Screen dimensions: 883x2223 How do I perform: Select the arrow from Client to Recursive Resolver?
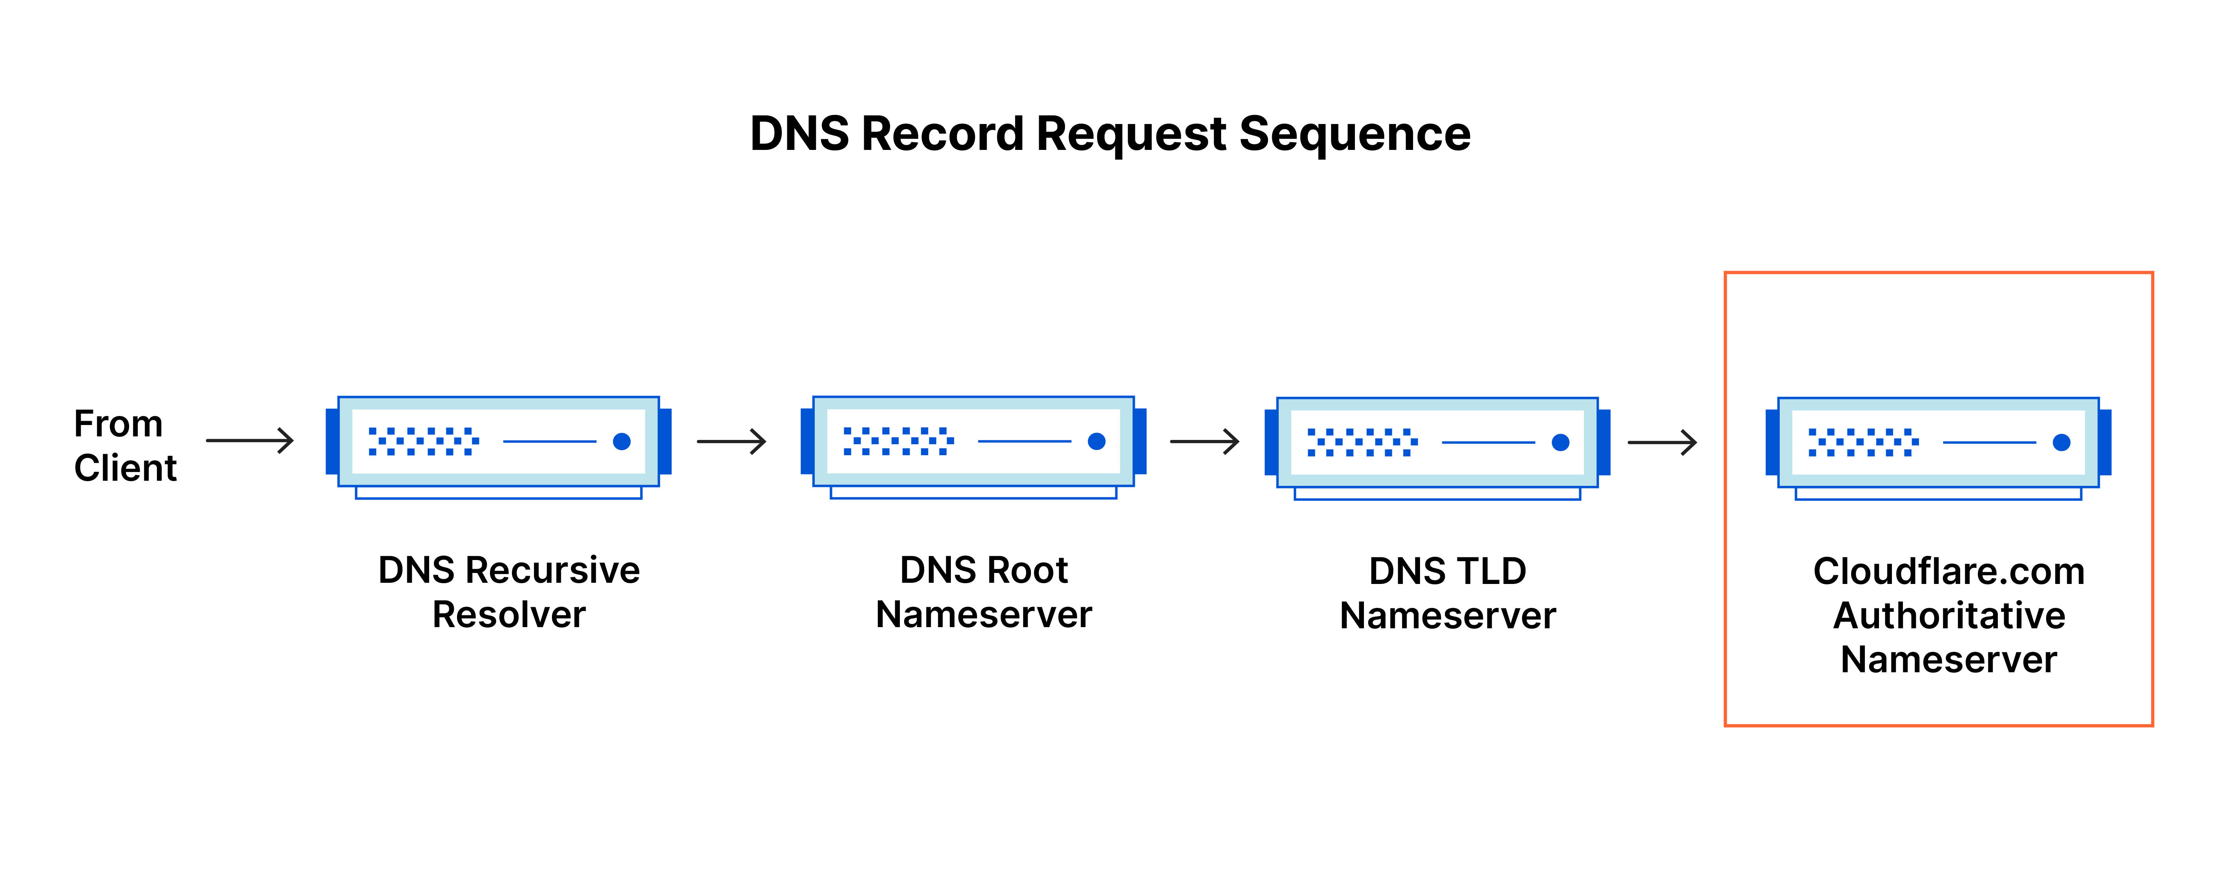click(250, 441)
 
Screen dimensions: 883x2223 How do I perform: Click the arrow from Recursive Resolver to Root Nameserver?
click(732, 441)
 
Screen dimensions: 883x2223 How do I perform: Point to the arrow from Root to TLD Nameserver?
click(1205, 442)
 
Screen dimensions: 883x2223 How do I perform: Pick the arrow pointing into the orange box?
click(1662, 443)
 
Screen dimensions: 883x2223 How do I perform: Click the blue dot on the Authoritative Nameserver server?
click(2062, 443)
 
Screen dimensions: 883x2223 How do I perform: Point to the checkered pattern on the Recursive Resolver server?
click(423, 441)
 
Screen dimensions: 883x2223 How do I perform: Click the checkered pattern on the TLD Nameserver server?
click(1362, 442)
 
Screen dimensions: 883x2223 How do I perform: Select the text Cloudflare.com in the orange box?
click(1948, 571)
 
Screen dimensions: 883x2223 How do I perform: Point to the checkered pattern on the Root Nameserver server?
click(898, 441)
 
